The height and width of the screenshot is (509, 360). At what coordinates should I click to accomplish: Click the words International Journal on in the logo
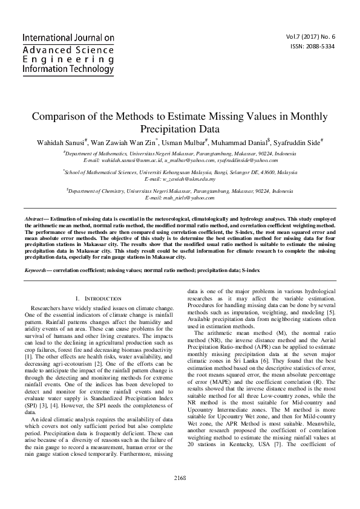pos(68,38)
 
